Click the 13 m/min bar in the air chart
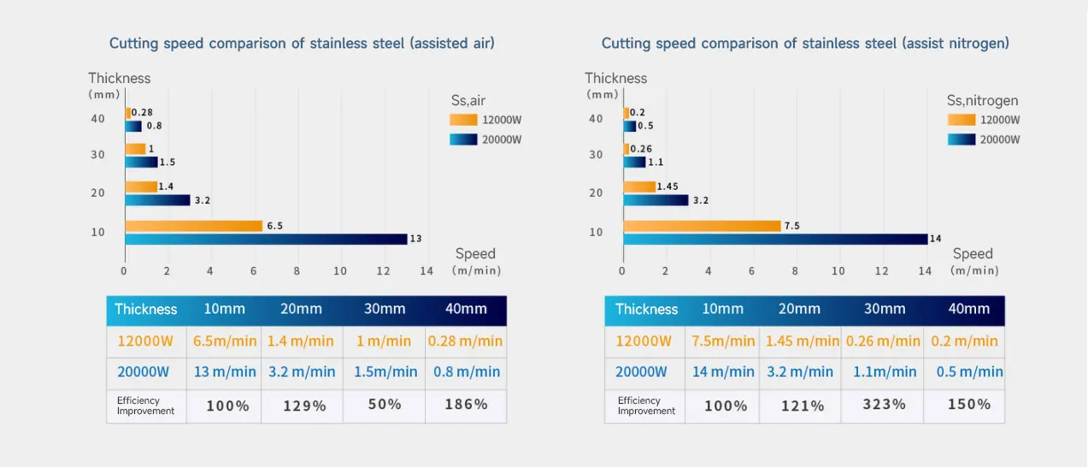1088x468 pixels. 266,239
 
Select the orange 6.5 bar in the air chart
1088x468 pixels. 193,226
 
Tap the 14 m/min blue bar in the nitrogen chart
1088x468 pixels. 775,239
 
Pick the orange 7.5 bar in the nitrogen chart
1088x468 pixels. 702,226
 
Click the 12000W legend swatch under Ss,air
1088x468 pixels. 463,120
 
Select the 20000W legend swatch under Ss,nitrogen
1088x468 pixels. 961,139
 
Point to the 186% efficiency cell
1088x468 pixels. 466,404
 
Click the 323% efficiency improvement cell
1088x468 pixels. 882,404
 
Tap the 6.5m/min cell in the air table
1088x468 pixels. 224,341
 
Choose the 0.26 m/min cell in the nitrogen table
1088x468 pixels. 883,341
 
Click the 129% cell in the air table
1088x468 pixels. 305,405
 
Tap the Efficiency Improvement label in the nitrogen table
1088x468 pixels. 646,406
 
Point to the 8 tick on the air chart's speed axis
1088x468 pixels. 297,271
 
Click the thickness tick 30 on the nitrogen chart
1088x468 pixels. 596,155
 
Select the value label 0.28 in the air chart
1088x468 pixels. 142,113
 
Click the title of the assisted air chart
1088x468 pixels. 302,44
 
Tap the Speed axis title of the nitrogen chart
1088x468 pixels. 973,253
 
